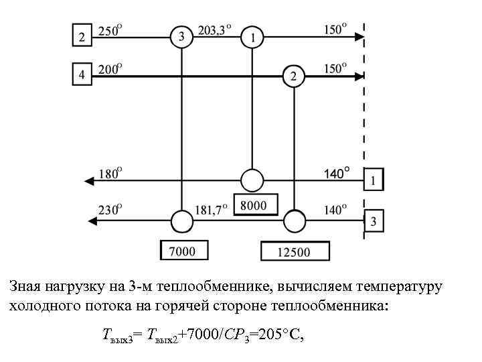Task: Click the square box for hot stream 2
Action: [x=82, y=36]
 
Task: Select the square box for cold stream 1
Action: [x=374, y=180]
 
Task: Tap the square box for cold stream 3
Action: [x=374, y=221]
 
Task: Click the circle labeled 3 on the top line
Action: [x=181, y=37]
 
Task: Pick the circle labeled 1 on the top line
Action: [x=252, y=38]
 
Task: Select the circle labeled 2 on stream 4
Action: [x=293, y=76]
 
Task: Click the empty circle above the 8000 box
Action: [x=252, y=180]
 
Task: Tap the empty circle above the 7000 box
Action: [x=181, y=220]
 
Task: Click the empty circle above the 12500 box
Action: [x=294, y=220]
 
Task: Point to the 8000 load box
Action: [x=255, y=204]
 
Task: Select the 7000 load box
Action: [x=183, y=251]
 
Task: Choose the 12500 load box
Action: [x=295, y=251]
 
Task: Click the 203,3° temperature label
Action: [x=215, y=29]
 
